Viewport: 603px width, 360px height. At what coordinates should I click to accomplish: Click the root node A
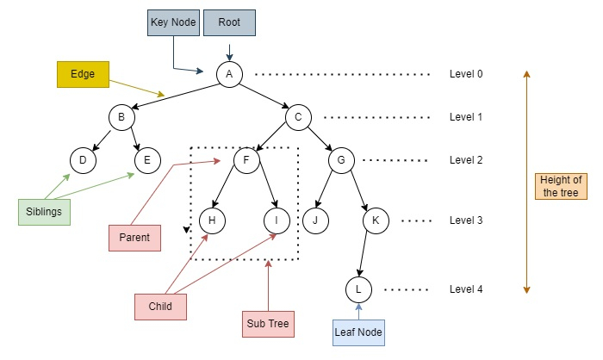(x=229, y=74)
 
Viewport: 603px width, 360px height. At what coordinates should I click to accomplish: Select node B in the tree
(x=121, y=117)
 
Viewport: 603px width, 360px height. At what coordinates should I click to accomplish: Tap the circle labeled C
(x=298, y=117)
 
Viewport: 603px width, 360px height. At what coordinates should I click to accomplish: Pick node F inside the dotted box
(x=246, y=160)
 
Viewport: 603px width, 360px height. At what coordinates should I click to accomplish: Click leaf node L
(x=358, y=288)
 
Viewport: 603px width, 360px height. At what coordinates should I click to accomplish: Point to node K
(x=376, y=220)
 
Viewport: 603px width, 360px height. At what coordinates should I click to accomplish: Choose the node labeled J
(x=315, y=220)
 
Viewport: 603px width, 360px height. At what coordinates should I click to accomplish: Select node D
(x=83, y=160)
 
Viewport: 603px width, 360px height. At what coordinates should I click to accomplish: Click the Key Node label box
(x=172, y=22)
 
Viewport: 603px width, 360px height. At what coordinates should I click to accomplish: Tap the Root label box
(x=229, y=22)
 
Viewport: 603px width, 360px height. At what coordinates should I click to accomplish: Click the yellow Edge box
(x=83, y=75)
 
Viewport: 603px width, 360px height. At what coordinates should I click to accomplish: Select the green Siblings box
(x=43, y=212)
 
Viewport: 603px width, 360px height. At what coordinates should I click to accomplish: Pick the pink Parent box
(x=135, y=237)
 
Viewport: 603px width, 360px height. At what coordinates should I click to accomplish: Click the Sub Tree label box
(x=268, y=324)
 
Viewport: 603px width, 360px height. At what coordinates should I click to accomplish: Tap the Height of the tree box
(x=560, y=186)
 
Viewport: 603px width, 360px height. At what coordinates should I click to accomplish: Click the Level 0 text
(x=466, y=74)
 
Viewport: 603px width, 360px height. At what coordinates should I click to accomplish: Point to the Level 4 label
(x=466, y=289)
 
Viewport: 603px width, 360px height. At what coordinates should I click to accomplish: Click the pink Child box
(x=161, y=306)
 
